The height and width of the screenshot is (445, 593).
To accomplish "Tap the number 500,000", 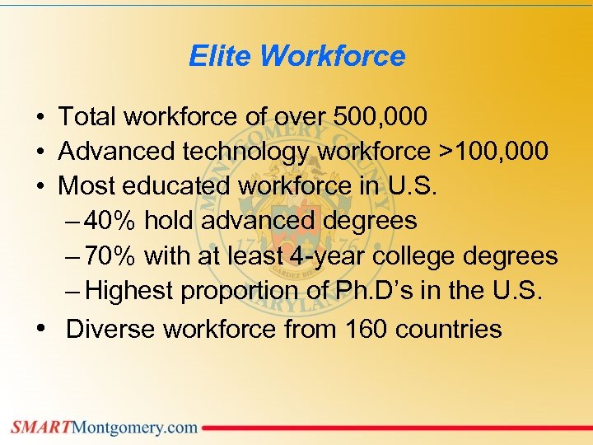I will click(x=381, y=117).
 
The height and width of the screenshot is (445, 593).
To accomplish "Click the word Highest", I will click(x=129, y=291).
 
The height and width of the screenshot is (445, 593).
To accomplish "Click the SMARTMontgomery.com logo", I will click(x=105, y=427).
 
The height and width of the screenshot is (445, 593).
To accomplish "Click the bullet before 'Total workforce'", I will click(x=40, y=117).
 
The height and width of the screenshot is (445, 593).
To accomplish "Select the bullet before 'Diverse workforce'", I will click(x=40, y=329).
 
